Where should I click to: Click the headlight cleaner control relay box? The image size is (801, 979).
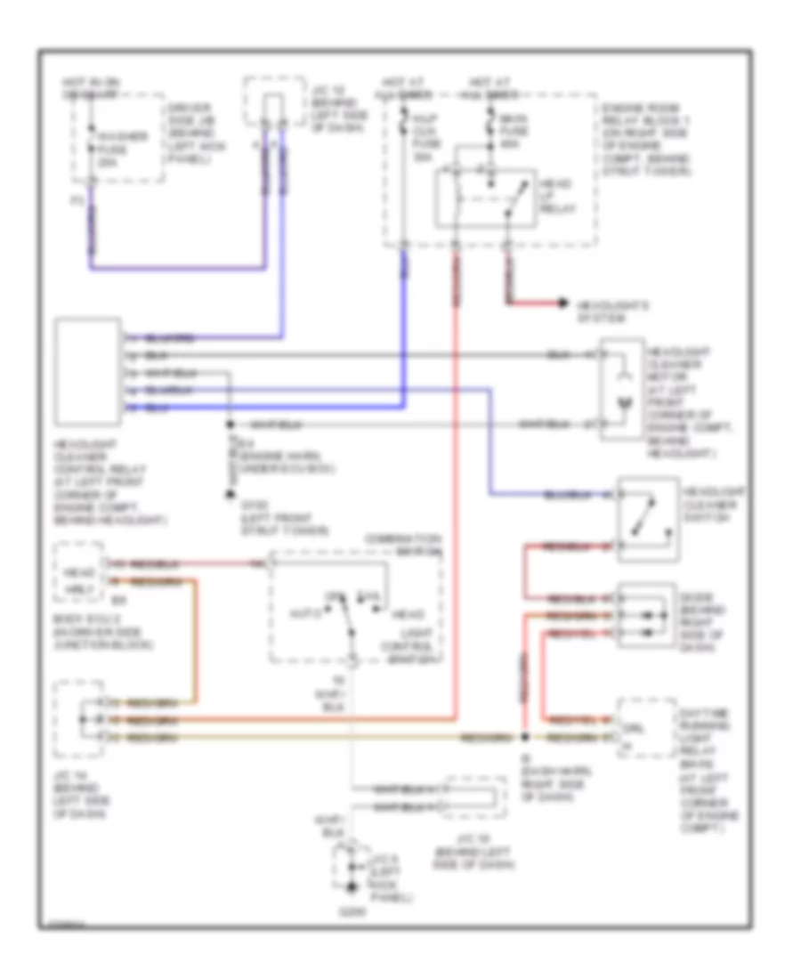tap(88, 371)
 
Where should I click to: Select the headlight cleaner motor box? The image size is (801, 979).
tap(624, 390)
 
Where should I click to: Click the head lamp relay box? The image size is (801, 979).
tap(485, 198)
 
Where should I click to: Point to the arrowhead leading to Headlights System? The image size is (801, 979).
tap(562, 304)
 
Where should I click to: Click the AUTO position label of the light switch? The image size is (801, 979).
tap(301, 612)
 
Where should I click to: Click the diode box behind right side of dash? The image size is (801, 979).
tap(647, 615)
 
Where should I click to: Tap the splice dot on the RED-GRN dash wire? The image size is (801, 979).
tap(526, 738)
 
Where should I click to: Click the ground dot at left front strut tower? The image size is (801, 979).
tap(230, 495)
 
